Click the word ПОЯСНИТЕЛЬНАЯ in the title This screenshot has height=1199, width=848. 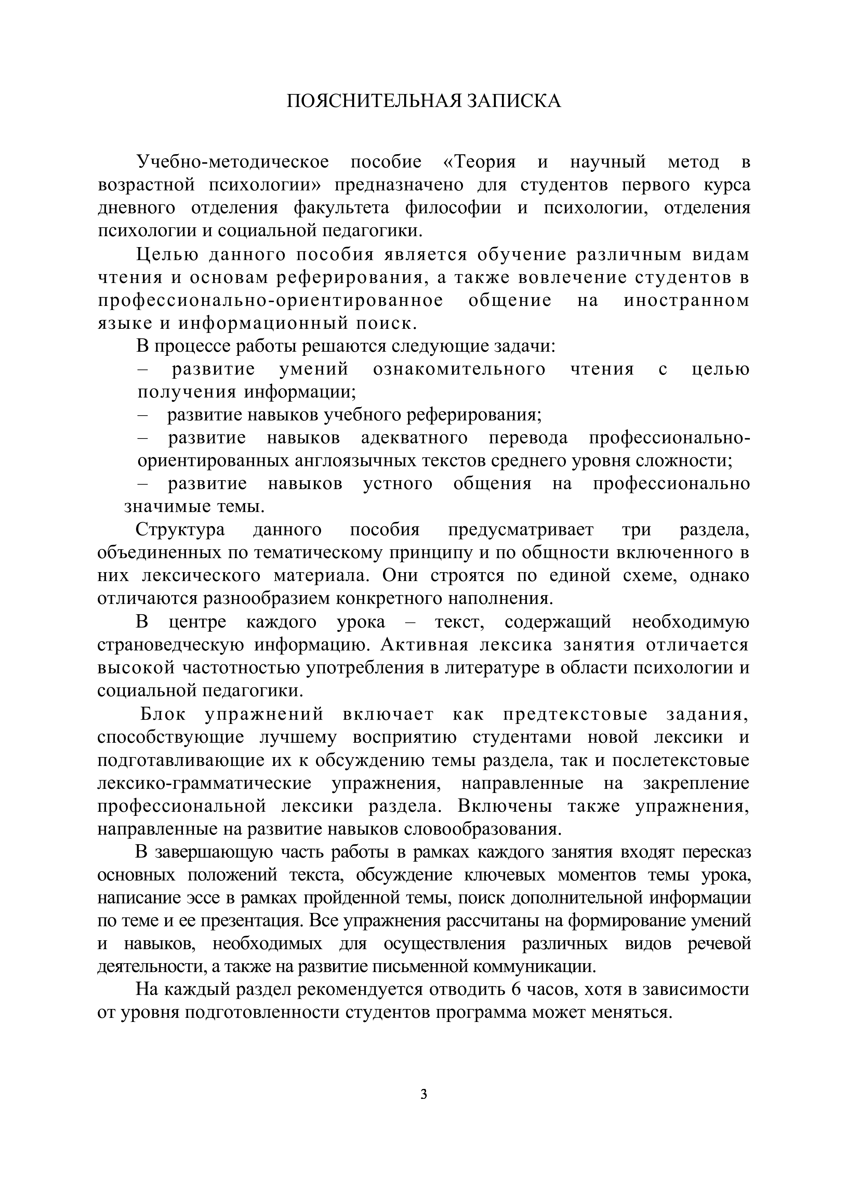pyautogui.click(x=374, y=101)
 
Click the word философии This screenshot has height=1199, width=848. pyautogui.click(x=453, y=208)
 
